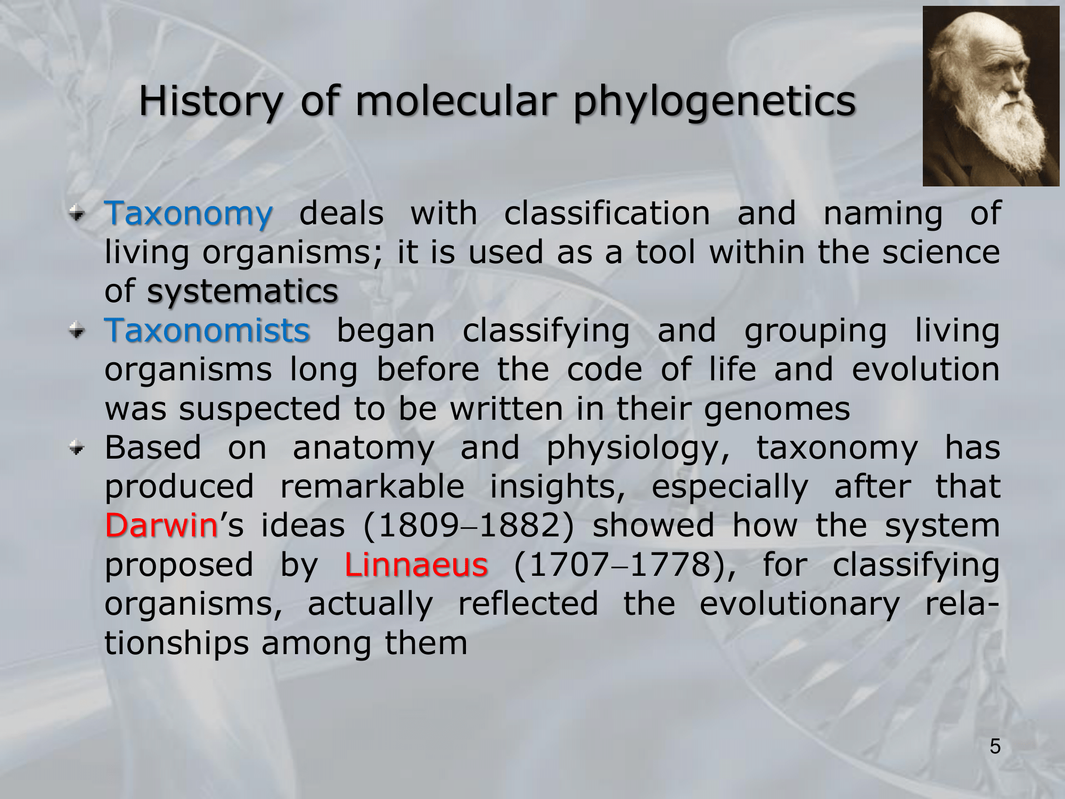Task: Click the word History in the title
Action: coord(210,101)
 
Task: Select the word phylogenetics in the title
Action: coord(714,102)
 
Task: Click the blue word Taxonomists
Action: coord(207,330)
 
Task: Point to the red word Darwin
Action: coord(161,525)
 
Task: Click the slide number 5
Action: coord(995,746)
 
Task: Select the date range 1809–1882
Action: coord(469,526)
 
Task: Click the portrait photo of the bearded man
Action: coord(990,96)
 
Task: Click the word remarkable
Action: coord(372,486)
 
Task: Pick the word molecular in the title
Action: coord(456,101)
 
